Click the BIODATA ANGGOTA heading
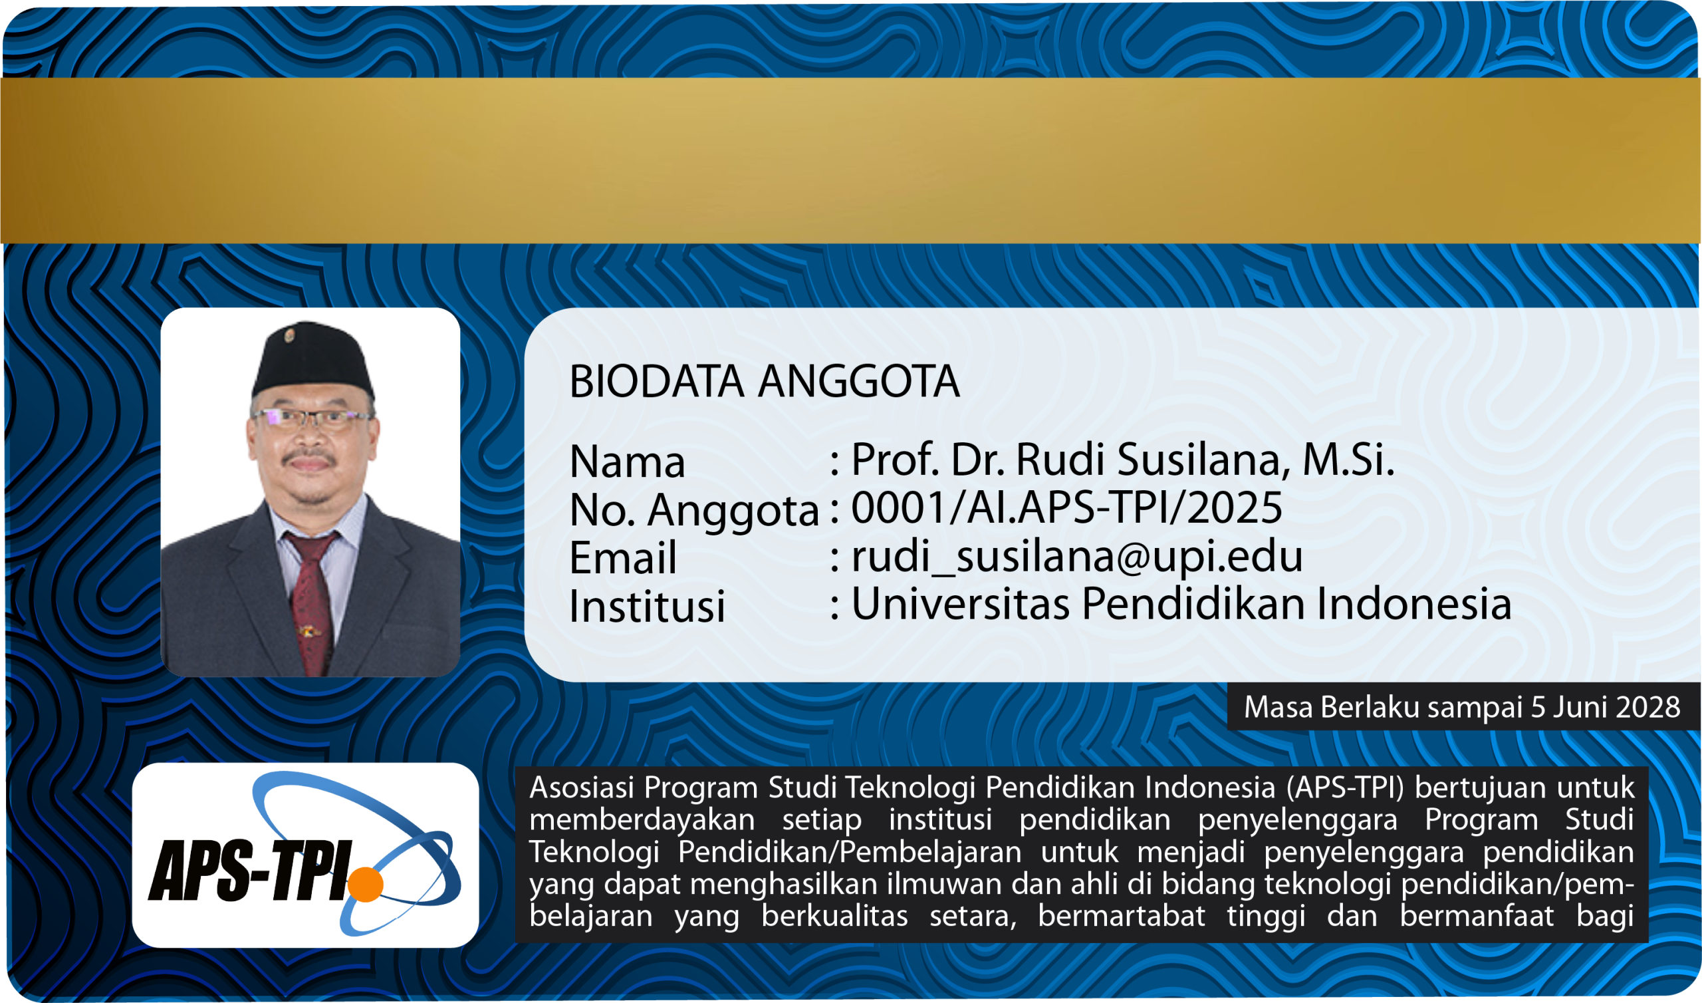point(764,381)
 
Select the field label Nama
point(628,462)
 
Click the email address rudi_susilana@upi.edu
point(1076,556)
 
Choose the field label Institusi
point(647,605)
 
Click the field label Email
point(623,557)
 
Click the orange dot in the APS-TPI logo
point(366,884)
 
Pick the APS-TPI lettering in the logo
point(251,871)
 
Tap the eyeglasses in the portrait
point(312,419)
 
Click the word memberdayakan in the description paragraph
point(642,820)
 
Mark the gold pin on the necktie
point(307,631)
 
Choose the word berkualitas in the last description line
point(835,916)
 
